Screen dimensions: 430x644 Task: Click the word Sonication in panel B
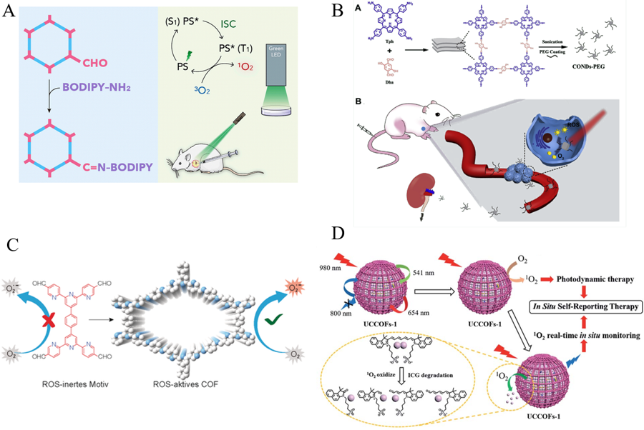[551, 42]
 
